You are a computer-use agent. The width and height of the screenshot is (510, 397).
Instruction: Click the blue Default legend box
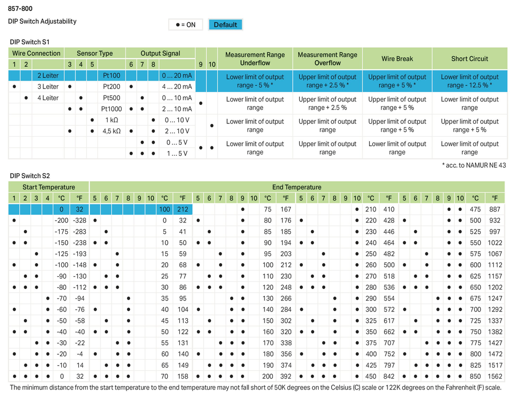click(225, 24)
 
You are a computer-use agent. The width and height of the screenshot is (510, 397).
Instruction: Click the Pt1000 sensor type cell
click(111, 109)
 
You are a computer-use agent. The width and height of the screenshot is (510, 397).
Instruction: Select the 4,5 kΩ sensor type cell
click(111, 131)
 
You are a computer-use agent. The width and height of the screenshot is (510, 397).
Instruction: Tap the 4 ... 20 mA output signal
click(177, 87)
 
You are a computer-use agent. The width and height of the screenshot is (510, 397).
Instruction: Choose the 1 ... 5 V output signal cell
click(177, 154)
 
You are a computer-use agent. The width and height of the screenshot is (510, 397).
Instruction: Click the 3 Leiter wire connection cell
click(48, 87)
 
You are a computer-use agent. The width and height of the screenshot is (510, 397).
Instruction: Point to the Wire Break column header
click(397, 59)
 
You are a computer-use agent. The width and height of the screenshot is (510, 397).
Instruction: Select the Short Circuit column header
click(469, 59)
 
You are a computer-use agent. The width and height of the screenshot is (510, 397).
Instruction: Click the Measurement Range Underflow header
click(255, 59)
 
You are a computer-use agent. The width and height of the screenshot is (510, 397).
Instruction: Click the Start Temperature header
click(48, 187)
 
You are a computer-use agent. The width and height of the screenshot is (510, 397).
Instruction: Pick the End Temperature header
click(296, 187)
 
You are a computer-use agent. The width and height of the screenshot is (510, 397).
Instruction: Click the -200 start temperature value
click(61, 220)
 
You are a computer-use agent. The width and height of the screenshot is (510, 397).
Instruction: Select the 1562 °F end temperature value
click(495, 377)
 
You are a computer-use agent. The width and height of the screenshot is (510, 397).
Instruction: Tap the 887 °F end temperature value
click(495, 209)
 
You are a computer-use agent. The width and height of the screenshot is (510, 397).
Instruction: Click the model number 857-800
click(20, 8)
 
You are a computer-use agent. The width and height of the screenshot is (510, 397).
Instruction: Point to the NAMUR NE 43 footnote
click(473, 165)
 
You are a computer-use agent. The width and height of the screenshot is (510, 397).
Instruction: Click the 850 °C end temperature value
click(475, 377)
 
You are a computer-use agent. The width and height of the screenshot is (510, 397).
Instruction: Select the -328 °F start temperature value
click(79, 220)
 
